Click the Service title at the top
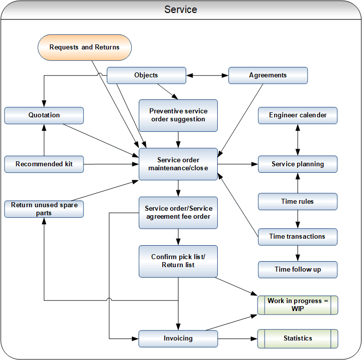coord(181,10)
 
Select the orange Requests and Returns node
coord(84,47)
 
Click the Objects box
coord(146,75)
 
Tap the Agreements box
coord(268,75)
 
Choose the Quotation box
coord(44,115)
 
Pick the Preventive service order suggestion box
coord(178,115)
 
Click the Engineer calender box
coord(298,115)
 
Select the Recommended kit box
coord(44,164)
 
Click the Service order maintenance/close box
coord(178,164)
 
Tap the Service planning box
coord(298,164)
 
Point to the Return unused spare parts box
coord(44,209)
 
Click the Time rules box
coord(298,202)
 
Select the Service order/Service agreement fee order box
coord(178,212)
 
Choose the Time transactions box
coord(298,237)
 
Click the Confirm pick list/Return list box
coord(178,261)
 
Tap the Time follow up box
coord(298,270)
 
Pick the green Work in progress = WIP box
coord(298,305)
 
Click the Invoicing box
coord(178,339)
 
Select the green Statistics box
coord(298,339)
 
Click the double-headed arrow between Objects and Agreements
coord(207,75)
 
